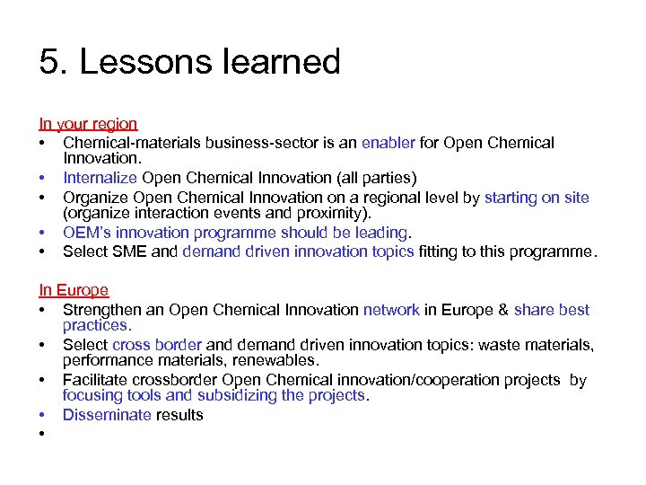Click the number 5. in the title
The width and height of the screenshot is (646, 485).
point(54,63)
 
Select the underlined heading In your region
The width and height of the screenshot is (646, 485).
point(88,124)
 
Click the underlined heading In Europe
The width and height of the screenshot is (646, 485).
point(74,290)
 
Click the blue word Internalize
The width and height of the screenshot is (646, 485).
point(100,178)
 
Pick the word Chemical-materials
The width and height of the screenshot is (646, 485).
point(132,142)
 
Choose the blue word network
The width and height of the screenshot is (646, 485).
point(391,310)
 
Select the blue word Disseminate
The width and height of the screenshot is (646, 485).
point(107,415)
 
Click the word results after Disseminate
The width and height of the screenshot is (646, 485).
point(179,415)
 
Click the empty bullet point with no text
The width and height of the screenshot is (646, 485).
point(42,434)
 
